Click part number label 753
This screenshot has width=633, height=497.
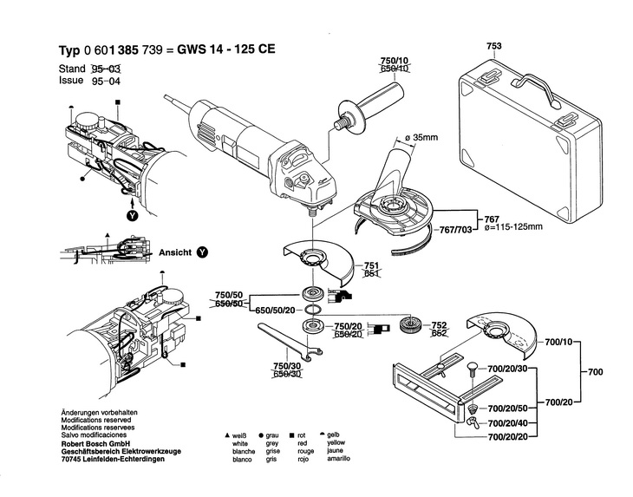pos(494,46)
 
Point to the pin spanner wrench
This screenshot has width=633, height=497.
pos(289,340)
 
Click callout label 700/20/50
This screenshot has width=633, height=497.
pos(507,409)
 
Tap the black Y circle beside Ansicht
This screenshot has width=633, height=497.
pos(202,252)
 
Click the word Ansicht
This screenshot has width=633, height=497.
pos(175,252)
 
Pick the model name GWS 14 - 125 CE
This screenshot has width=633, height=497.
pos(226,49)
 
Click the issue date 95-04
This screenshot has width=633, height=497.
pos(106,82)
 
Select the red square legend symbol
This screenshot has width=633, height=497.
pos(291,435)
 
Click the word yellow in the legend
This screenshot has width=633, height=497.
pos(336,442)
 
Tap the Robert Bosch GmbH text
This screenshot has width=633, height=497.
pos(95,444)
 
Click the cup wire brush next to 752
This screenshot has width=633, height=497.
pos(410,325)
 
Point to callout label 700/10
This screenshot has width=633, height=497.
pos(558,343)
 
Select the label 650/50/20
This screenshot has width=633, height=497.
pos(275,310)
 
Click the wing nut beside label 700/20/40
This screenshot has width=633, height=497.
pos(472,422)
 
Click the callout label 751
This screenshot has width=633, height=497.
pos(371,265)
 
